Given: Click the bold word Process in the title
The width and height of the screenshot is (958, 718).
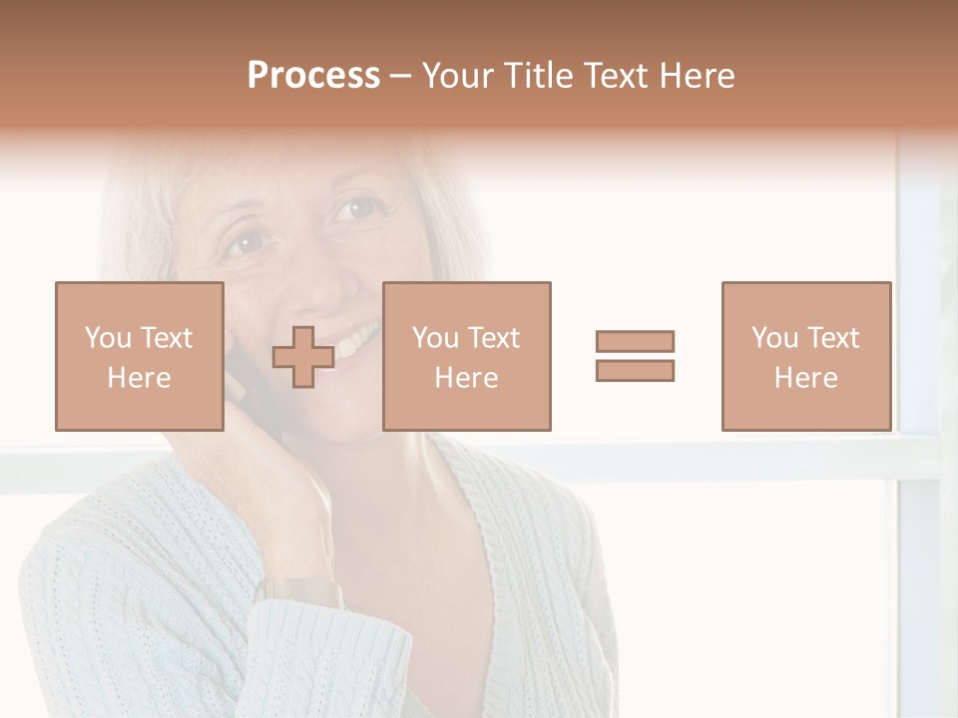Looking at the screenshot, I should click(x=313, y=76).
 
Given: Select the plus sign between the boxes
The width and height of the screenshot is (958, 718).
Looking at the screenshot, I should click(x=303, y=357).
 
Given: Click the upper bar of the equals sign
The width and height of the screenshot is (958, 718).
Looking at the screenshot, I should click(x=635, y=341).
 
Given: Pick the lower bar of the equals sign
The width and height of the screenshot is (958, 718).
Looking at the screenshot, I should click(x=635, y=370).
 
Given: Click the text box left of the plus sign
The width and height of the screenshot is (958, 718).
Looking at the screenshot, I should click(x=139, y=356).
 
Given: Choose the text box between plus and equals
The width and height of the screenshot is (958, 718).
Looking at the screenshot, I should click(x=466, y=356).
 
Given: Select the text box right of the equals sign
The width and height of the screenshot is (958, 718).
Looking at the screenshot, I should click(x=805, y=356).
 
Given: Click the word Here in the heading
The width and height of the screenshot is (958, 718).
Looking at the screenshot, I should click(x=698, y=76).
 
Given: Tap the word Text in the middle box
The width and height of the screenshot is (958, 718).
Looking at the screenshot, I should click(x=494, y=338).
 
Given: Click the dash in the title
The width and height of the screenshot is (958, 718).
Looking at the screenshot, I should click(x=400, y=77).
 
